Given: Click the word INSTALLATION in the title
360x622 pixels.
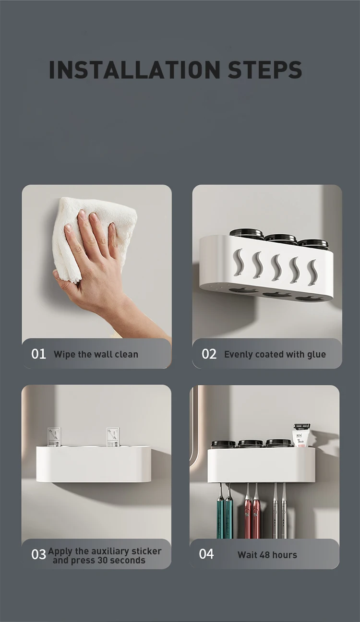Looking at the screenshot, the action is coord(134,70).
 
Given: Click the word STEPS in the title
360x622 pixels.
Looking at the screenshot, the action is coord(265,70).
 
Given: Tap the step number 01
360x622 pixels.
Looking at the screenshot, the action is coord(38,354).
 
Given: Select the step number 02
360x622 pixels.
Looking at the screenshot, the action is coord(209,354).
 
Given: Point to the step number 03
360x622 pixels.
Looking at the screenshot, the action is coord(38,554).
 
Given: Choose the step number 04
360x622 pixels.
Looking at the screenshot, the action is coord(206,554).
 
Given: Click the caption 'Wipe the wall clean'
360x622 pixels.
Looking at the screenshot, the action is coord(96,354).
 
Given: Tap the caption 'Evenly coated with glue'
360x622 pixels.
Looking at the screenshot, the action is coord(275,354).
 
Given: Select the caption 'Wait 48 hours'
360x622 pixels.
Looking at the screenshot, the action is coord(267,555).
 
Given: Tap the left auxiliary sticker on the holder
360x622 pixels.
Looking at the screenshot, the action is coord(54,437).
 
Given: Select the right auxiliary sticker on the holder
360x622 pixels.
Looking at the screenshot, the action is coord(113,437).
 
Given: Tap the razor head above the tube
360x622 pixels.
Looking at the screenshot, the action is coord(301,426).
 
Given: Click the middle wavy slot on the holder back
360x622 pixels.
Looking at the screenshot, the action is coord(276,267).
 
